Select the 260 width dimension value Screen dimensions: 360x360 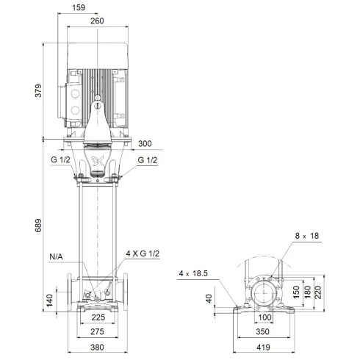pyautogui.click(x=97, y=21)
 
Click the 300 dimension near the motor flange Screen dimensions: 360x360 pyautogui.click(x=145, y=143)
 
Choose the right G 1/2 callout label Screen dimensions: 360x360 pyautogui.click(x=146, y=159)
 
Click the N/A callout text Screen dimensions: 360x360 pyautogui.click(x=57, y=257)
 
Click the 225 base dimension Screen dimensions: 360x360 pyautogui.click(x=97, y=319)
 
